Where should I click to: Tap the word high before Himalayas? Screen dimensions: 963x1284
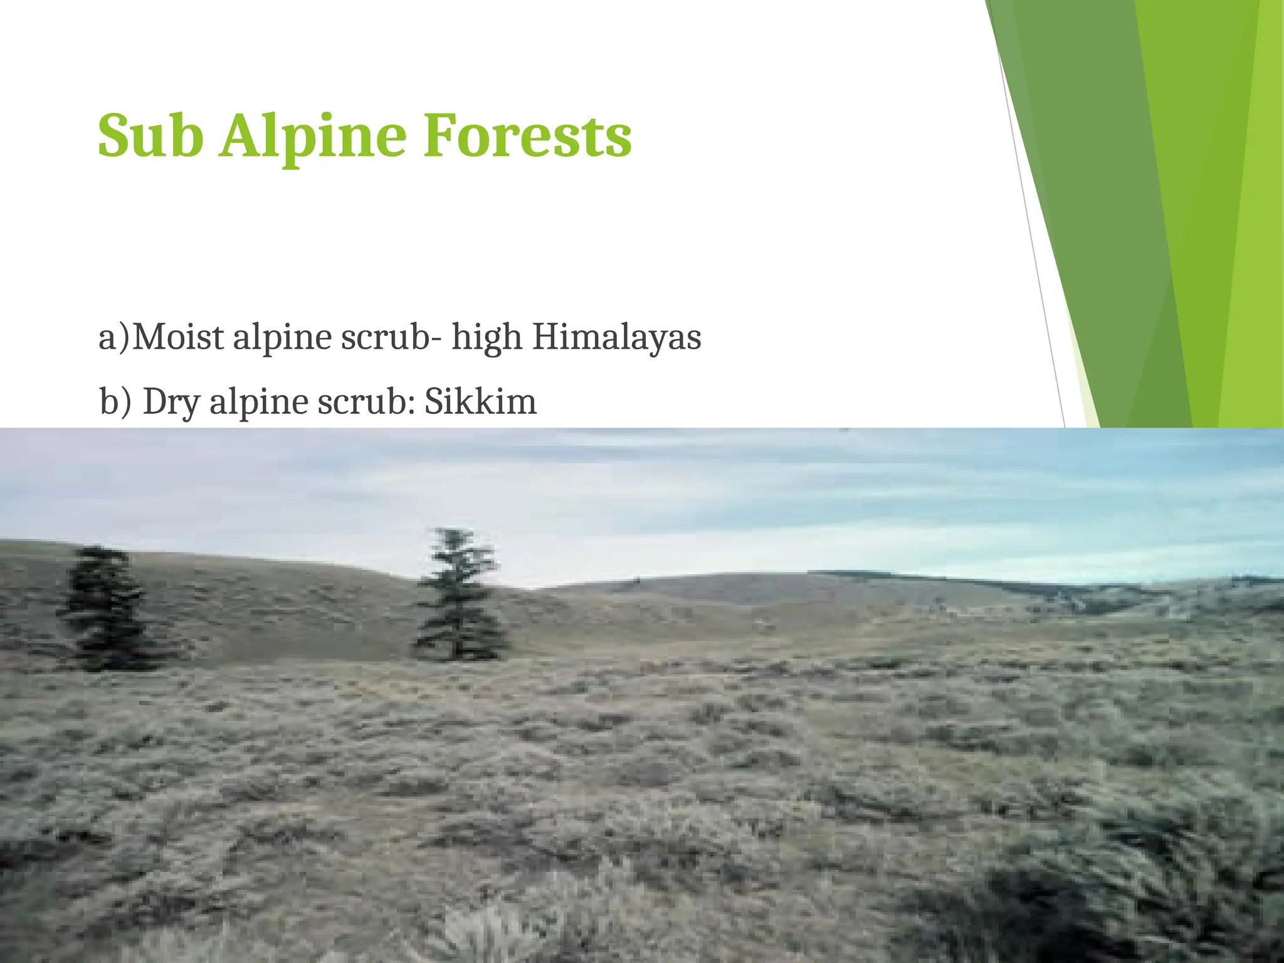click(x=487, y=339)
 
